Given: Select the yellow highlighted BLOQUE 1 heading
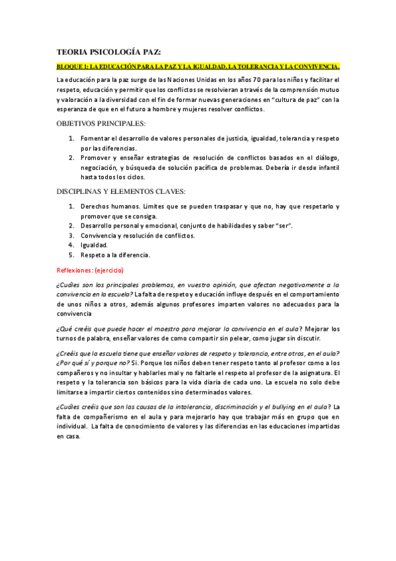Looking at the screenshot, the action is tap(198, 67).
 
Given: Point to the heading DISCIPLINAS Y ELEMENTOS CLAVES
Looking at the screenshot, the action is tap(121, 192).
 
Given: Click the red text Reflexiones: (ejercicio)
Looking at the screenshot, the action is tap(90, 271).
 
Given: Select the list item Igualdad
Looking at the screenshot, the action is tap(94, 245).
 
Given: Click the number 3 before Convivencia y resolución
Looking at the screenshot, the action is tap(71, 236).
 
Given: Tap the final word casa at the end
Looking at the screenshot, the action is tap(68, 437).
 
